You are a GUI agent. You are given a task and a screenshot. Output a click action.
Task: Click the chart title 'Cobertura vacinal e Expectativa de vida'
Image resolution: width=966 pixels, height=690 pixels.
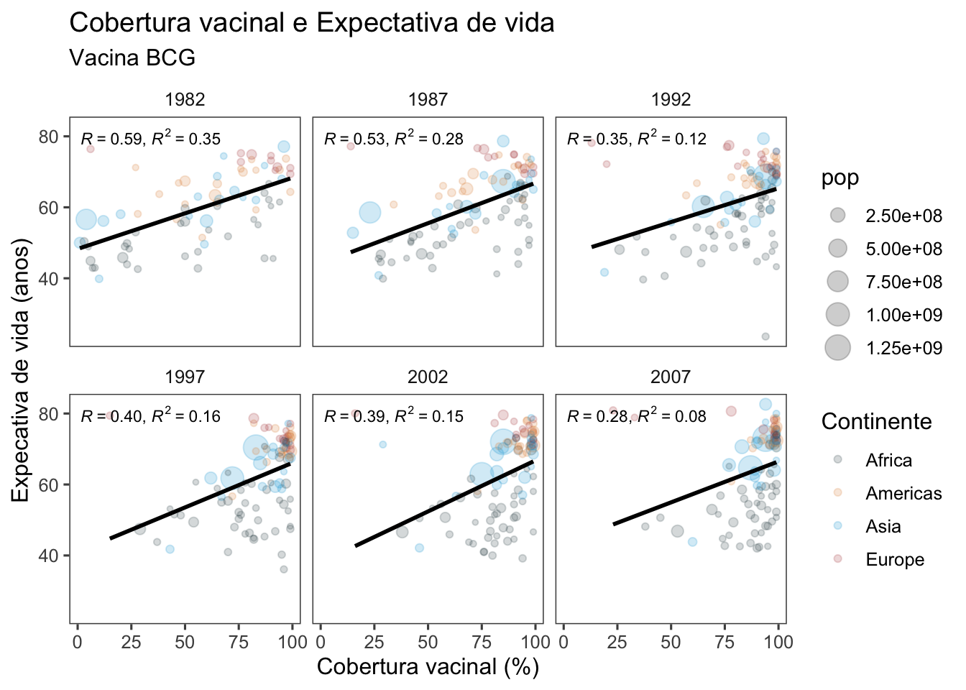pos(311,23)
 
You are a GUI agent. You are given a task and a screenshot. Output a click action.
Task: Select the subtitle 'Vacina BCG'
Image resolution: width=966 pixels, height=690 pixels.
pos(132,57)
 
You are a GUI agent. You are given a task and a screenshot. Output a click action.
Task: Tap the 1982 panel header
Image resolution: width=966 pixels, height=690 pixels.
pos(185,100)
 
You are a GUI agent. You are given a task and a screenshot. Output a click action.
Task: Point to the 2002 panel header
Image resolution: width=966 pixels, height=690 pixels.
pos(428,377)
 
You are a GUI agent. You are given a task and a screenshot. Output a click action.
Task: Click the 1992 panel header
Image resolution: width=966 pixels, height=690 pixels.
pos(671,100)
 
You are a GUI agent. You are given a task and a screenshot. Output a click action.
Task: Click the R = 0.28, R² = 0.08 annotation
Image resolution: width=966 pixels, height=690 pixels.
pos(636,416)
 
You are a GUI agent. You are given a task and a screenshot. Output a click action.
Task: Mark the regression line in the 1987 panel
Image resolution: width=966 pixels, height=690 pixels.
pos(442,218)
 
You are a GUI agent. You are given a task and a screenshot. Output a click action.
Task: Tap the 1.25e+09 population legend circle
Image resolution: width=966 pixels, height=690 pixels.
pos(837,348)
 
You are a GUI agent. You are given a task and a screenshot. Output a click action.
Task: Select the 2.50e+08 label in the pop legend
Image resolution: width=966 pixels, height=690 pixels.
pos(903,216)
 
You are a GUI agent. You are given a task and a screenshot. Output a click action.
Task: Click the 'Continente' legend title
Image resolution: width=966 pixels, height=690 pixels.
pos(876,422)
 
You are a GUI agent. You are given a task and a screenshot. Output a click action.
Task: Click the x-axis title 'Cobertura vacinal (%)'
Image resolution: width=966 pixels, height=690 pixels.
pos(428,667)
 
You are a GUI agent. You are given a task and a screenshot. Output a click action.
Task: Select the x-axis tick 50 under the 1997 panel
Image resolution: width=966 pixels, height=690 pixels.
pos(185,642)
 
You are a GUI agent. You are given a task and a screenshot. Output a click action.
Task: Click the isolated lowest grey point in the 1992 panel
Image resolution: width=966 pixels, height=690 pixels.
pos(765,336)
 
